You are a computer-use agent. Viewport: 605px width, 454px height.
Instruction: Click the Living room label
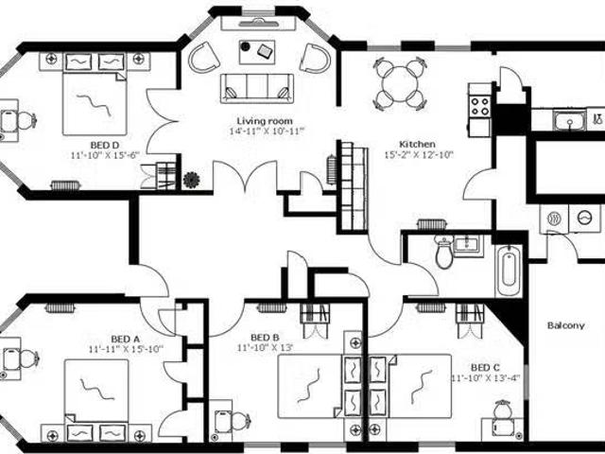click(x=265, y=121)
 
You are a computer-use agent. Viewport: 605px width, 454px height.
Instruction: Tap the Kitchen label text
click(x=417, y=145)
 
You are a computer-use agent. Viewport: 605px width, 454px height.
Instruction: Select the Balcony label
click(x=565, y=325)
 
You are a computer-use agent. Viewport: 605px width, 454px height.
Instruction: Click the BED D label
click(x=105, y=145)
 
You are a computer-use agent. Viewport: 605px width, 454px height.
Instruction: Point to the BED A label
click(x=125, y=340)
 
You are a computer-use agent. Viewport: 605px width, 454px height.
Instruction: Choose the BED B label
click(x=265, y=338)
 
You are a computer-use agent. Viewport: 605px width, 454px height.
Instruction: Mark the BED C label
click(x=485, y=367)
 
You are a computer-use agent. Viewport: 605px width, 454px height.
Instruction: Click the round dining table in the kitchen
click(x=400, y=84)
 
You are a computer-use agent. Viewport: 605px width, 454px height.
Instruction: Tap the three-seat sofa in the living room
click(x=256, y=88)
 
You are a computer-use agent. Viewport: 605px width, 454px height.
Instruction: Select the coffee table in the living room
click(x=257, y=52)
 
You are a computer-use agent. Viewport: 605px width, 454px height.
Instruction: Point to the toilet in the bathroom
click(x=444, y=252)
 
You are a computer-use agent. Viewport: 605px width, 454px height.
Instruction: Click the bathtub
click(x=509, y=271)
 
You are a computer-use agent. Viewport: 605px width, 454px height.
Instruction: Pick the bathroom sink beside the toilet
click(x=468, y=245)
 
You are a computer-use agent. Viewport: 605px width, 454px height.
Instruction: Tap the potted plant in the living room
click(x=191, y=180)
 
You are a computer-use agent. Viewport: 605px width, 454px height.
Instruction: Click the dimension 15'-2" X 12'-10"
click(x=419, y=155)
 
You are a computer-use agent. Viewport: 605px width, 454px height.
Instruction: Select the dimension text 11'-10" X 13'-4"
click(x=486, y=378)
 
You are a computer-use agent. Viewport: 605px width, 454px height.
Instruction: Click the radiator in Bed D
click(x=65, y=185)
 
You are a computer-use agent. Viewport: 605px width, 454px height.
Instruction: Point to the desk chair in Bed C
click(x=503, y=410)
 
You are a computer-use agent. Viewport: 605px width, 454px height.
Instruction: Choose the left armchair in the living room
click(x=203, y=57)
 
